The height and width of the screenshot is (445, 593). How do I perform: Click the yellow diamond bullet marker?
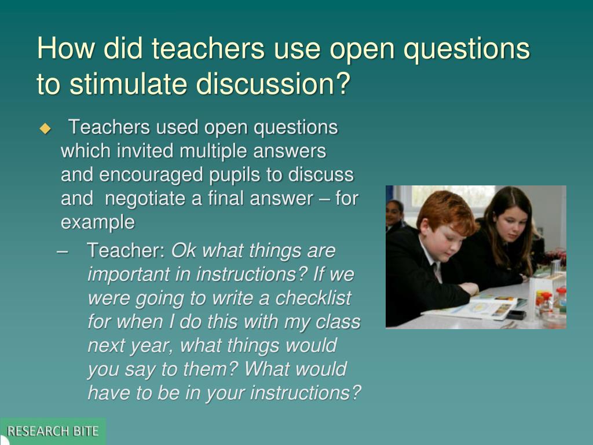[x=45, y=129]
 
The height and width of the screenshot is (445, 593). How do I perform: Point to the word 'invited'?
[x=145, y=151]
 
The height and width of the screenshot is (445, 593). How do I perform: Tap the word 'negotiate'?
[x=147, y=199]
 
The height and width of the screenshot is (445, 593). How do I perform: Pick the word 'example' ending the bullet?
[x=97, y=222]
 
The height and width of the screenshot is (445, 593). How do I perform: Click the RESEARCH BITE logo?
[x=53, y=431]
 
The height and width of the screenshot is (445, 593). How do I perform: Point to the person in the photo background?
[x=395, y=214]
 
